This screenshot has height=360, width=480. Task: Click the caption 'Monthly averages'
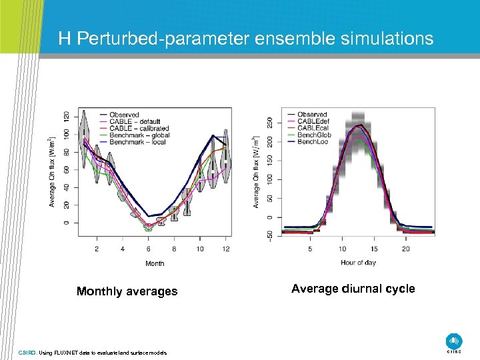coord(127,291)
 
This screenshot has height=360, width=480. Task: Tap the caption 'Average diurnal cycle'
coord(353,289)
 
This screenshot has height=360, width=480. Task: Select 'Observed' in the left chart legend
coord(124,115)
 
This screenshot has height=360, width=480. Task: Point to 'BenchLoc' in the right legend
coord(312,142)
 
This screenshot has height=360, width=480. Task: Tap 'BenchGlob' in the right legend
coord(313,135)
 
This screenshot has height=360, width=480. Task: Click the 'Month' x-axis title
coord(155,263)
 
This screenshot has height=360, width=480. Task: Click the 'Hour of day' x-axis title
coord(358,263)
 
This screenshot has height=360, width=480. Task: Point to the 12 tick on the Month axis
coord(226,249)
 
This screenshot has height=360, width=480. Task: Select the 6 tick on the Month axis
coord(148,249)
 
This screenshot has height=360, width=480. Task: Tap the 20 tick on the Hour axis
coord(406,249)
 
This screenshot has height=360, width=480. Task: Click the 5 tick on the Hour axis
coord(310,249)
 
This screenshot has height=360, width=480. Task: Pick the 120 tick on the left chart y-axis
coord(66,116)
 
